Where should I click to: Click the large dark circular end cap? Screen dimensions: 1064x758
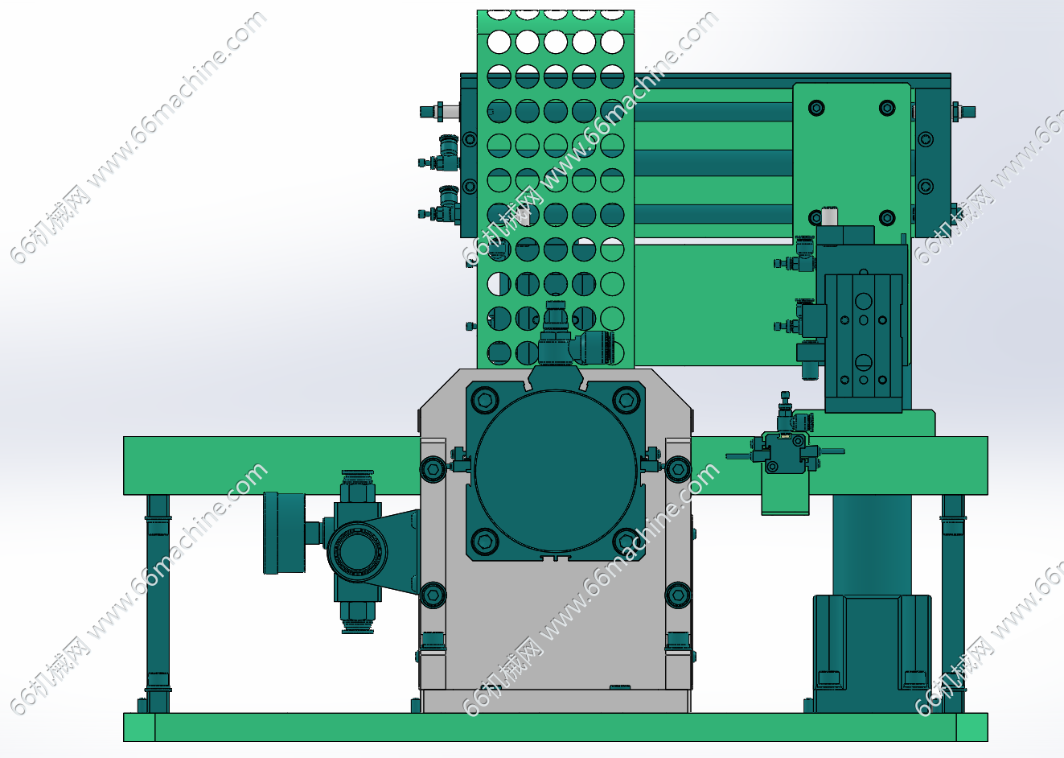(x=556, y=471)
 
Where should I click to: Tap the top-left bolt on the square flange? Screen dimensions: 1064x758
(x=484, y=398)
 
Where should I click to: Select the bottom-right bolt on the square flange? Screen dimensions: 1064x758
(x=626, y=541)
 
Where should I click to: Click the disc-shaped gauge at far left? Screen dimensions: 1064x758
(x=284, y=533)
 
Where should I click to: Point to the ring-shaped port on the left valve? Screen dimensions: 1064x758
(x=357, y=552)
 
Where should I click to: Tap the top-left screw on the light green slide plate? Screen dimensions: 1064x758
(x=816, y=107)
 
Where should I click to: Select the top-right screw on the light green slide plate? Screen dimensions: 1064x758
(x=887, y=107)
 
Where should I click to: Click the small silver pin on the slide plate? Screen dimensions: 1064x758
(x=829, y=216)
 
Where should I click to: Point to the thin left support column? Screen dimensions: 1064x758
(x=158, y=604)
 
